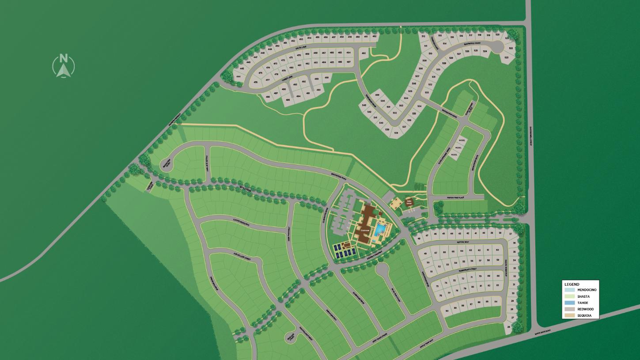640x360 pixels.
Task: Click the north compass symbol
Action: tap(64, 66)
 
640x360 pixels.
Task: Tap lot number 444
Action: tap(238, 77)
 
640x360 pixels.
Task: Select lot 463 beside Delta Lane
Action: tap(364, 53)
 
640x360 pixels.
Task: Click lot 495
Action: tap(288, 100)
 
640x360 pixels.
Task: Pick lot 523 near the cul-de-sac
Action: tap(507, 57)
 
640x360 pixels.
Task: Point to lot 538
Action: tap(396, 133)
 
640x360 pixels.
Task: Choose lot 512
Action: tap(423, 36)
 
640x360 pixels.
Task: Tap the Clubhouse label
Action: tap(364, 230)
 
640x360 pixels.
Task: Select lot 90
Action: tap(447, 311)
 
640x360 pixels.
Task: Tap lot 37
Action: tap(511, 233)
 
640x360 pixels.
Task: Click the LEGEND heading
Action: tap(572, 284)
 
